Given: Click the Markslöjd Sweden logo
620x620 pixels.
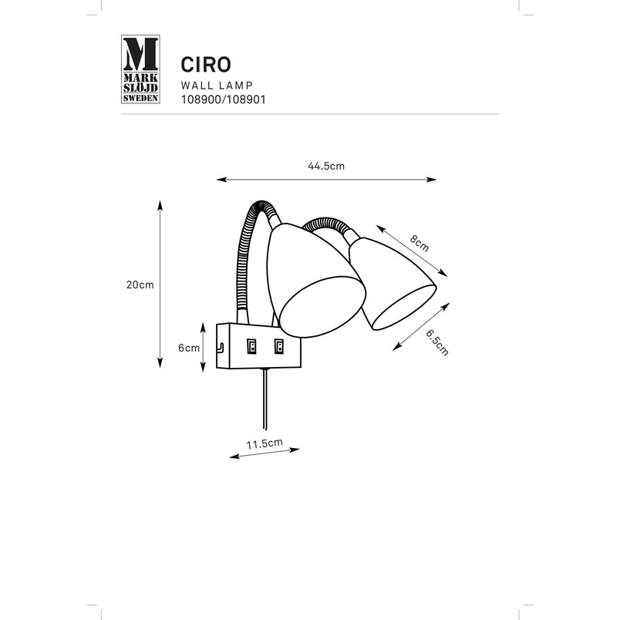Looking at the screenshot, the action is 140,69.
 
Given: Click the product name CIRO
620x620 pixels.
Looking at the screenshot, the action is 206,65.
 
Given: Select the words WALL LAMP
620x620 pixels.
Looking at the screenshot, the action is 217,86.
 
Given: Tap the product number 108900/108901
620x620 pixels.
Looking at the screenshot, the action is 223,99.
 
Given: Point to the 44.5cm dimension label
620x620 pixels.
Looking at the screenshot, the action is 326,166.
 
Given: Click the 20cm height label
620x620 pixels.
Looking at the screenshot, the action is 140,285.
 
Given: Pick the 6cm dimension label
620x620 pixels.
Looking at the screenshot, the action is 189,348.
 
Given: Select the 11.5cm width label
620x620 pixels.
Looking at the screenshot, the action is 265,443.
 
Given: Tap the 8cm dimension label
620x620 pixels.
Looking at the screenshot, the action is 420,243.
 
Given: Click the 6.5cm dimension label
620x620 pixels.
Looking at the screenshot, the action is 437,343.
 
